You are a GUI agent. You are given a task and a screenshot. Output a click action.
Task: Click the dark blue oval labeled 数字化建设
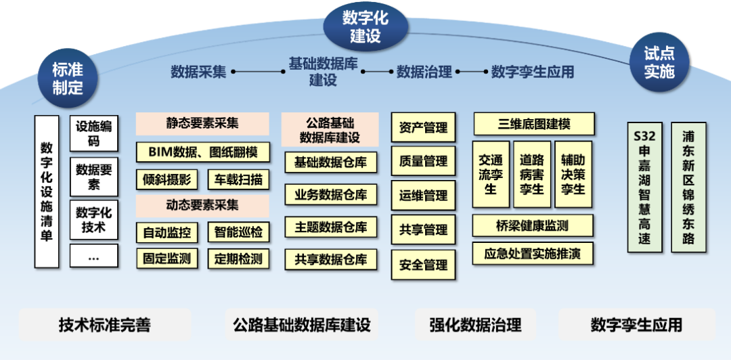click(x=365, y=26)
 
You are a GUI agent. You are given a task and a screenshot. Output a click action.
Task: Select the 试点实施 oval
click(x=659, y=63)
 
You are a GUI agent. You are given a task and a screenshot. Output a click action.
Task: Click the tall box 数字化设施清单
click(x=47, y=191)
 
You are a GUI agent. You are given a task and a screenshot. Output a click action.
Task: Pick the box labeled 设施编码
click(x=94, y=133)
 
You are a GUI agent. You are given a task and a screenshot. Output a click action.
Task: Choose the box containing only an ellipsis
click(x=94, y=256)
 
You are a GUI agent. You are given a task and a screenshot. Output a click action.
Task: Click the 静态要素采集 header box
click(x=202, y=123)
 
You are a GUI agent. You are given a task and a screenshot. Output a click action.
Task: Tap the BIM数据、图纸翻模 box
click(x=202, y=152)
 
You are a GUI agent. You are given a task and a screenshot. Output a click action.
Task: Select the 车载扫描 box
click(x=238, y=179)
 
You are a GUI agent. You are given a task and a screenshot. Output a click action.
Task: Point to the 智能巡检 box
click(x=238, y=232)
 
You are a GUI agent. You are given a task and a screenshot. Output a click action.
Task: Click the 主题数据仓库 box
click(x=330, y=227)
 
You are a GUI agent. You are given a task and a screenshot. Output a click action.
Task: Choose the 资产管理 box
click(x=424, y=127)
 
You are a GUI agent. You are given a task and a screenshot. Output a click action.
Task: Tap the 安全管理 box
click(x=424, y=265)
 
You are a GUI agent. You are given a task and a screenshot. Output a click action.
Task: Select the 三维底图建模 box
click(x=534, y=125)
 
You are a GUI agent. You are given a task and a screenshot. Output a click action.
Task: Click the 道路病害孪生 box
click(x=532, y=174)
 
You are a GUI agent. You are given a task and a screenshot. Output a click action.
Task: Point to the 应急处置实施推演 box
click(x=533, y=254)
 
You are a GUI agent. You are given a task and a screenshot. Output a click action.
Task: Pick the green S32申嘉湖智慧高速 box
click(x=644, y=187)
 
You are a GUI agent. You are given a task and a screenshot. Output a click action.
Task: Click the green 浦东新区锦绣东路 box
click(x=688, y=187)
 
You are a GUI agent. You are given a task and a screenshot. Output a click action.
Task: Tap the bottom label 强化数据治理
click(x=475, y=325)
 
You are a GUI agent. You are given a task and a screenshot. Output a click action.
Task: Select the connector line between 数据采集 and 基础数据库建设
click(x=257, y=71)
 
